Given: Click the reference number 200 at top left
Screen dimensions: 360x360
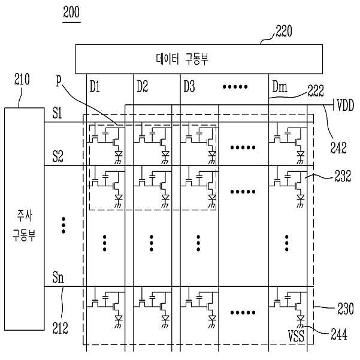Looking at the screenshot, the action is (71, 13).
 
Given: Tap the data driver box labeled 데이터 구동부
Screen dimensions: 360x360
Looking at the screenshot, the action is (199, 59).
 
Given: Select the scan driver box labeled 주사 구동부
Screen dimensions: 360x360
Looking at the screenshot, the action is (25, 219).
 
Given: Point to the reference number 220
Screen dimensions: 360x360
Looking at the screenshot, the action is (284, 31).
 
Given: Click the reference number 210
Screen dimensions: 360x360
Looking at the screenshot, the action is (22, 80).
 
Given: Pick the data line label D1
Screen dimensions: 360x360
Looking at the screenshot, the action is (95, 87).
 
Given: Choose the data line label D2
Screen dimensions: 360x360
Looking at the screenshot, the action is (143, 87).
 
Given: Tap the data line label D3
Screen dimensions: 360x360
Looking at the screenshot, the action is (189, 87).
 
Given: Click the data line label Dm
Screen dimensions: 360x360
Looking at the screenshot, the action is (280, 87).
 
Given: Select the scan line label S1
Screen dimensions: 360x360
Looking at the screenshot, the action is (57, 113).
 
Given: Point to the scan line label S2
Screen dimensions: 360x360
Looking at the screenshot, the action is (58, 156).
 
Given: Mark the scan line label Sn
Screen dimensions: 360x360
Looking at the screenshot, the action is (58, 277).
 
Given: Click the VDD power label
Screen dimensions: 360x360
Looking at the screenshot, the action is (345, 105).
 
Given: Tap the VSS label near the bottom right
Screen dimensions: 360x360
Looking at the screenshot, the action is (296, 336).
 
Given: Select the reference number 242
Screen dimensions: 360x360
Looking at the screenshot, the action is (338, 148).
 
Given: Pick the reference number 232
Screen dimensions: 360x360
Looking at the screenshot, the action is (343, 176).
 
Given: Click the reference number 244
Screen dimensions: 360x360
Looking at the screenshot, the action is (339, 334).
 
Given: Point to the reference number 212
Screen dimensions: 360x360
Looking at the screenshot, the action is (60, 328).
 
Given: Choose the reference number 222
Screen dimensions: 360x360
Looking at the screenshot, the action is (316, 91).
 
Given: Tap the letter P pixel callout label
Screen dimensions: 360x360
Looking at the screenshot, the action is (59, 81).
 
